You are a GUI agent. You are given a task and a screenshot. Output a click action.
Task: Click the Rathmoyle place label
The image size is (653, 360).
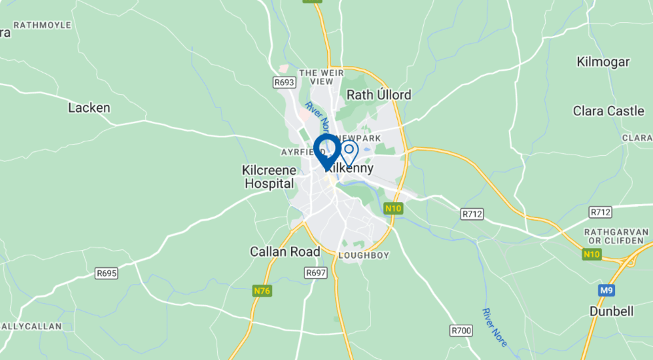pyautogui.click(x=42, y=25)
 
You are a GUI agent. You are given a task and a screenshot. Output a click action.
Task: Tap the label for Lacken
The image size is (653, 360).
pyautogui.click(x=89, y=107)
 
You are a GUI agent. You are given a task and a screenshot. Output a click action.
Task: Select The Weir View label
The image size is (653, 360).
pyautogui.click(x=316, y=77)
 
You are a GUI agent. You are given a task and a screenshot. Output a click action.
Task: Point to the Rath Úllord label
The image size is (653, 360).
pyautogui.click(x=378, y=95)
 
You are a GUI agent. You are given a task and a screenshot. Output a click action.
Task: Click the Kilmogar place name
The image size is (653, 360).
pyautogui.click(x=603, y=62)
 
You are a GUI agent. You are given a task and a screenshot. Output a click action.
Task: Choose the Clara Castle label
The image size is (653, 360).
pyautogui.click(x=608, y=111)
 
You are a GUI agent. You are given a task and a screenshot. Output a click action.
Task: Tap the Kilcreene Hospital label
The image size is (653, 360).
pyautogui.click(x=269, y=177)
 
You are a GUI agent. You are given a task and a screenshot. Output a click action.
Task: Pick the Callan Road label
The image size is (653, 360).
pyautogui.click(x=285, y=251)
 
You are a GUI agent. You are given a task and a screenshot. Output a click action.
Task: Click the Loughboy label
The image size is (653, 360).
pyautogui.click(x=364, y=255)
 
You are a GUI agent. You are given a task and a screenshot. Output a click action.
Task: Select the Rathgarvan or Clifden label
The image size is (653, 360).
pyautogui.click(x=616, y=235)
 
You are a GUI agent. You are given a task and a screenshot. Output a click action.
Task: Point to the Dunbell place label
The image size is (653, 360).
pyautogui.click(x=610, y=311)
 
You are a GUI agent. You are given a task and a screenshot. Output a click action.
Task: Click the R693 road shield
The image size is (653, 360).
pyautogui.click(x=284, y=82)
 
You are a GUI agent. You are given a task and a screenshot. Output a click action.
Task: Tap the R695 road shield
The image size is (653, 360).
pyautogui.click(x=106, y=273)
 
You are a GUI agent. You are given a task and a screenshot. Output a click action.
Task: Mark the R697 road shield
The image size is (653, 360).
pyautogui.click(x=315, y=273)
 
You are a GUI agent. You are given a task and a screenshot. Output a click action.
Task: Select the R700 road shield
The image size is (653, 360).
pyautogui.click(x=461, y=330)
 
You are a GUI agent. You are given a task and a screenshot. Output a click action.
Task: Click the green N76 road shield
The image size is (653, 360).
pyautogui.click(x=262, y=291)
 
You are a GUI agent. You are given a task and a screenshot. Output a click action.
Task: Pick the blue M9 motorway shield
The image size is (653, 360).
pyautogui.click(x=606, y=290)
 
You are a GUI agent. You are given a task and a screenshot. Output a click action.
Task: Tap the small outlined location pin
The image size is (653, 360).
pyautogui.click(x=348, y=152)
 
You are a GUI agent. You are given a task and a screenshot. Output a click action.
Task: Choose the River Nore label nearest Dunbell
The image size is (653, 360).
pyautogui.click(x=496, y=327)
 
